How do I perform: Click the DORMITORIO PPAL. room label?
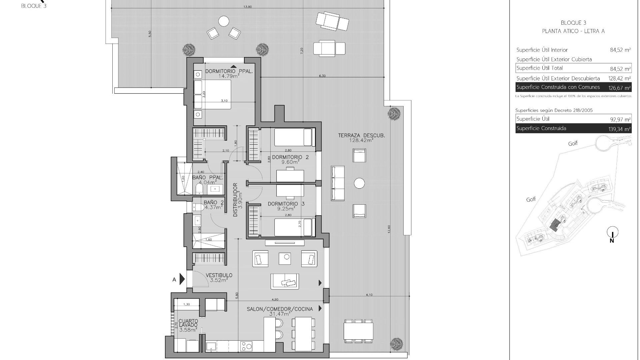pos(229,71)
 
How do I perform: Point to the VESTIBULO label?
pos(219,275)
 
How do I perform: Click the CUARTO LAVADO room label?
pos(188,323)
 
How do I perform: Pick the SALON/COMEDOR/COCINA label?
pos(280,309)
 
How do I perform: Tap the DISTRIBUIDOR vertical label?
pos(235,200)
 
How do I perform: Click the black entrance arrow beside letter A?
pos(182,279)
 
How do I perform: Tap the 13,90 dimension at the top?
pos(247,7)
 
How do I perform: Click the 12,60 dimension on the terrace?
pos(389,229)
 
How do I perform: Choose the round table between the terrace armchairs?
pos(359,183)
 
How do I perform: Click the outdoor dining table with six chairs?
pos(358,331)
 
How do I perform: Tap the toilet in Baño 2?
pos(199,208)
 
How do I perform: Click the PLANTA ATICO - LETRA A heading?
pos(573,31)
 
